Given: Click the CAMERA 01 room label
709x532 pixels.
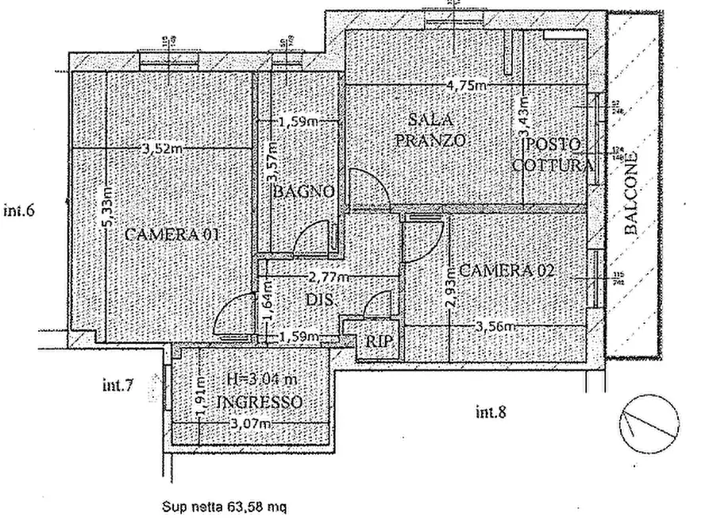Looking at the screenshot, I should coord(171,236).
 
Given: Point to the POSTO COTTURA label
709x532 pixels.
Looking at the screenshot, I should coord(553,156).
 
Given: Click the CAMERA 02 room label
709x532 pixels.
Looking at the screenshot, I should coord(507,271).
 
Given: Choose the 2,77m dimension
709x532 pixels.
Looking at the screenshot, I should coord(327,278).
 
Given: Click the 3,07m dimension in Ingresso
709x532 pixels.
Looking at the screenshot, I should coord(249,425).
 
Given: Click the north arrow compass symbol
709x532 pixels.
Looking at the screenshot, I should coord(648,418).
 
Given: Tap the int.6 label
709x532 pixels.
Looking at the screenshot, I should coord(22,211).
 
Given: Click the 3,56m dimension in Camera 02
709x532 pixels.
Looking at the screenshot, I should coord(498,326).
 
